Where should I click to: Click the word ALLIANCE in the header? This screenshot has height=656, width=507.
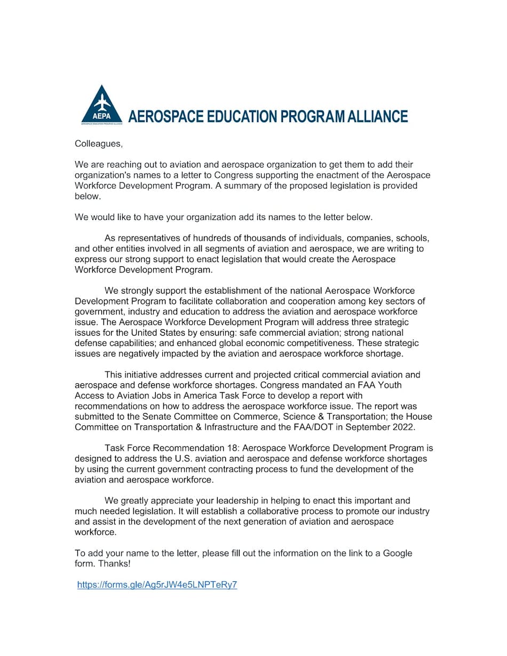[x=378, y=116]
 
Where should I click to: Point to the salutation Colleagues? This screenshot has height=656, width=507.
[x=98, y=144]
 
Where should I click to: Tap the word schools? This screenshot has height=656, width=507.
[x=411, y=238]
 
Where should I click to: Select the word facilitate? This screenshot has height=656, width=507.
[x=182, y=301]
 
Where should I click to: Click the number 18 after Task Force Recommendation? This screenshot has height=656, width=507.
[x=240, y=448]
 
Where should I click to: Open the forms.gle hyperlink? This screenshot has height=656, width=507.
[x=157, y=585]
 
